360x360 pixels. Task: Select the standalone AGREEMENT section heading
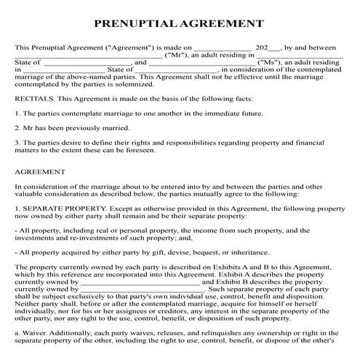click(40, 172)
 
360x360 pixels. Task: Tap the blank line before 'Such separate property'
click(139, 289)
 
